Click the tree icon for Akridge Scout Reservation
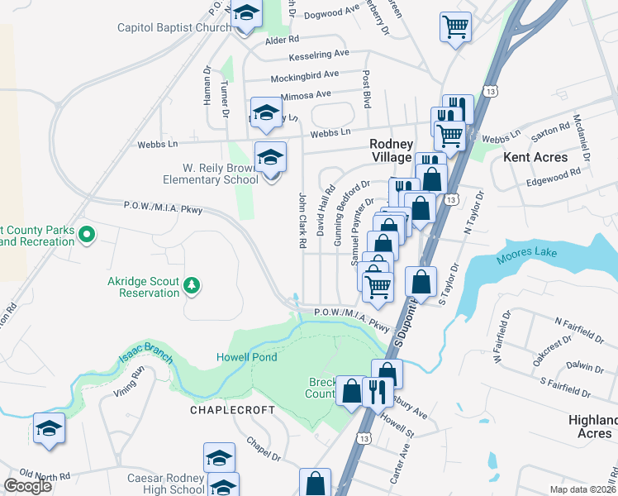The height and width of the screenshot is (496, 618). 192,285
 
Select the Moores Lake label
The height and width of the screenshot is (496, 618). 527,256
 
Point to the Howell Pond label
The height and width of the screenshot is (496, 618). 246,357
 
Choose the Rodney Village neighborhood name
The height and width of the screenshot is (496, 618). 391,150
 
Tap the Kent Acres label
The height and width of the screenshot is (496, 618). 536,157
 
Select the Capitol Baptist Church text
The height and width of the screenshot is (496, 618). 174,27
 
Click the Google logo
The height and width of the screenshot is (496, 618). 28,486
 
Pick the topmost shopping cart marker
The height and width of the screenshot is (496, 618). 455,27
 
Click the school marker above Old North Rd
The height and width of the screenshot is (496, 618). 49,428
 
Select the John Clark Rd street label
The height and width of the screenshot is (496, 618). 302,221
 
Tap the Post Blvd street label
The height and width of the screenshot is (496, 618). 366,89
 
